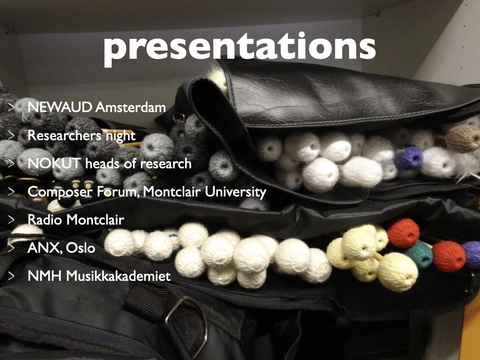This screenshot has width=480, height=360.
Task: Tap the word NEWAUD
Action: pyautogui.click(x=60, y=107)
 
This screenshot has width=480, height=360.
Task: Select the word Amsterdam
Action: pyautogui.click(x=131, y=107)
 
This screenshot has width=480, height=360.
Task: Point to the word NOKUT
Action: pyautogui.click(x=54, y=164)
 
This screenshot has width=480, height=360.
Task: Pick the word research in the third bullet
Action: pyautogui.click(x=166, y=164)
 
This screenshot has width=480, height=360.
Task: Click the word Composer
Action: pyautogui.click(x=60, y=192)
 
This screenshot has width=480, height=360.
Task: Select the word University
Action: pyautogui.click(x=235, y=192)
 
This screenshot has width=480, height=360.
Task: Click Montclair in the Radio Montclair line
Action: pyautogui.click(x=95, y=220)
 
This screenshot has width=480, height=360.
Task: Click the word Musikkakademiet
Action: pyautogui.click(x=119, y=276)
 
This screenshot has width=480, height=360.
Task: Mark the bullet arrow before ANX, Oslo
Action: pyautogui.click(x=11, y=247)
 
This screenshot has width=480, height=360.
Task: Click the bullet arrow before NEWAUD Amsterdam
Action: pyautogui.click(x=11, y=107)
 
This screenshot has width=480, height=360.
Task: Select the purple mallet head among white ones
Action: pyautogui.click(x=408, y=157)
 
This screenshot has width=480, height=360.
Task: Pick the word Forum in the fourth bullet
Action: pyautogui.click(x=118, y=192)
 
